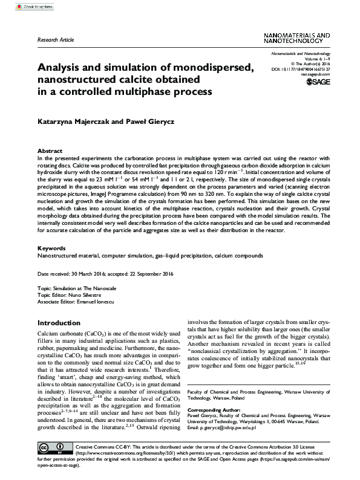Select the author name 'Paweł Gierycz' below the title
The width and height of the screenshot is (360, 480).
pos(151,120)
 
